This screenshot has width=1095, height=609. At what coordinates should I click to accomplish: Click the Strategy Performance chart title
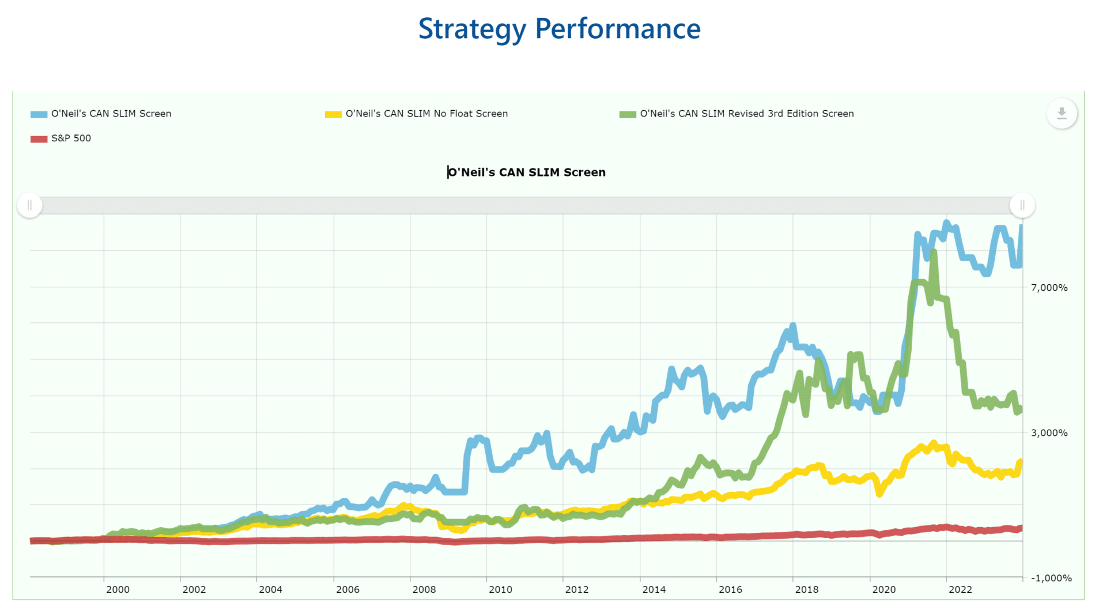coord(559,29)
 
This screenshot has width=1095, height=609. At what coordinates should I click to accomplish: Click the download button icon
coord(1062,114)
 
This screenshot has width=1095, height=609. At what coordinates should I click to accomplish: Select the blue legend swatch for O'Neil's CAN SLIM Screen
coord(39,114)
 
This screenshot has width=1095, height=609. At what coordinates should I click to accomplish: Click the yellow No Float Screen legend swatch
coord(333,114)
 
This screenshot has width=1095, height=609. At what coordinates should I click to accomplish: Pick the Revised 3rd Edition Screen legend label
coord(746,114)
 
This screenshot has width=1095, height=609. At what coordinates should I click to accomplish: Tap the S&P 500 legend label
coord(71,138)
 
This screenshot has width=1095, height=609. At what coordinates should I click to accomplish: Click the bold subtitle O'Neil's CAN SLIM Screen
coord(527,172)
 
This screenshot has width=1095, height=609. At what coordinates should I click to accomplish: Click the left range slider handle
coord(29,205)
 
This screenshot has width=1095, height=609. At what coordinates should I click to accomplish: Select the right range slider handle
coord(1022,205)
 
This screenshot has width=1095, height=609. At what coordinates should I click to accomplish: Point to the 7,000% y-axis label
coord(1049,288)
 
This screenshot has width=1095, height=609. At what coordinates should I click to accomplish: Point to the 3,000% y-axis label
coord(1049,433)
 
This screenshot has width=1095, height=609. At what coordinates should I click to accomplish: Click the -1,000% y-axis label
coord(1051,578)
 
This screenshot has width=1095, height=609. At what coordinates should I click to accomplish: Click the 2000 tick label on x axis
coord(118,589)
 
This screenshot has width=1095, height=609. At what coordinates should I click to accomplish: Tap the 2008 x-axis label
coord(424,589)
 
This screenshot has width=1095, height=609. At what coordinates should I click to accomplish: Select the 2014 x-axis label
coord(654,589)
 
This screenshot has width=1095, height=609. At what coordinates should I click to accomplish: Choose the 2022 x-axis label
coord(960,589)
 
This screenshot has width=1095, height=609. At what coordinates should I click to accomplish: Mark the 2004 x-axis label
coord(270,589)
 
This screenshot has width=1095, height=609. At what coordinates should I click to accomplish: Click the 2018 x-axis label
coord(807,589)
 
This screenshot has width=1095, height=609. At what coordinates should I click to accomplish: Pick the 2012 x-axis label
coord(577,589)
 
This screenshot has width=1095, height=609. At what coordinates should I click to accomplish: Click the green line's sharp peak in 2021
coord(934,252)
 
